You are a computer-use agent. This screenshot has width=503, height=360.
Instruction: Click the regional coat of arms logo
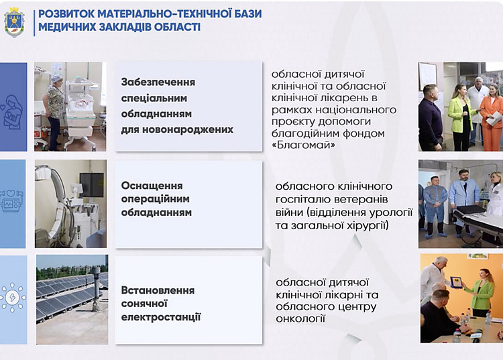point(14,23)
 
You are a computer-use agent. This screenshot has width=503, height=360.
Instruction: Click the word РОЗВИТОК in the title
point(66,14)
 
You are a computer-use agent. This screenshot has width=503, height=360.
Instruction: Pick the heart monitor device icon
point(11,201)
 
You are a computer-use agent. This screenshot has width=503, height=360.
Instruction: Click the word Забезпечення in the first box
point(158,82)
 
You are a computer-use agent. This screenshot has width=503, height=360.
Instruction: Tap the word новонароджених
point(188,129)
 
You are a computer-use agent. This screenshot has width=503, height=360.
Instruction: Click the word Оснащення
point(152,186)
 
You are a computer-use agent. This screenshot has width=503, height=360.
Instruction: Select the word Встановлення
point(158,290)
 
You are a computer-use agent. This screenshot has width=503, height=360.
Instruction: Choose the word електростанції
point(161,317)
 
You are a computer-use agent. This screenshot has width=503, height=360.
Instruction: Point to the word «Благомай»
point(303,145)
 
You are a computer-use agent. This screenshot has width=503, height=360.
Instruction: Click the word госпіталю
point(302,199)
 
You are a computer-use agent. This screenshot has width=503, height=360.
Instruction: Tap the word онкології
point(300,318)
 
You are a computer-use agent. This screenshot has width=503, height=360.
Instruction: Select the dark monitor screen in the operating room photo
point(92,185)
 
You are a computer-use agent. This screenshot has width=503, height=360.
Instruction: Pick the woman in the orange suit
point(491,117)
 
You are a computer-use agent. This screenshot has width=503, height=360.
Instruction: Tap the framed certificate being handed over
point(456,282)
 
